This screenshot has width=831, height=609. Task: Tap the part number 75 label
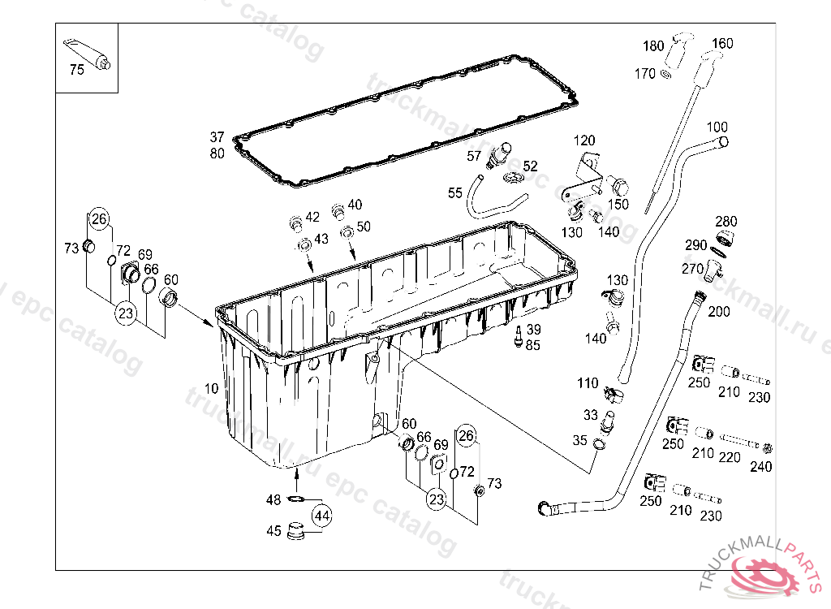click(77, 70)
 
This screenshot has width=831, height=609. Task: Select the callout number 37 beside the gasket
click(216, 137)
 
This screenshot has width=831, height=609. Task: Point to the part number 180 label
click(653, 45)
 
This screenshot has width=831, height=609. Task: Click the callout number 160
click(721, 44)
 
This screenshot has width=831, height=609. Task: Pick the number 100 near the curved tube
click(717, 127)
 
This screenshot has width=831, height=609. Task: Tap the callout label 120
click(584, 140)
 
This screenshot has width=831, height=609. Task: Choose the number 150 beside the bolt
click(618, 205)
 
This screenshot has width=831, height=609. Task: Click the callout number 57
click(476, 155)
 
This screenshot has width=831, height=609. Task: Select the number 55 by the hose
click(455, 192)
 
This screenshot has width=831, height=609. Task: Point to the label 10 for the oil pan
click(212, 388)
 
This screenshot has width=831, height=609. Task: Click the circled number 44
click(322, 515)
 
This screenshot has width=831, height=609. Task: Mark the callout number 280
click(726, 222)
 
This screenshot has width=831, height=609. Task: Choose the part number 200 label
click(719, 312)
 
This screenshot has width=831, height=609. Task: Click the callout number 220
click(730, 457)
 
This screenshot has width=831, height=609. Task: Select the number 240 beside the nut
click(761, 466)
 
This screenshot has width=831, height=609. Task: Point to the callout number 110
click(588, 383)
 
